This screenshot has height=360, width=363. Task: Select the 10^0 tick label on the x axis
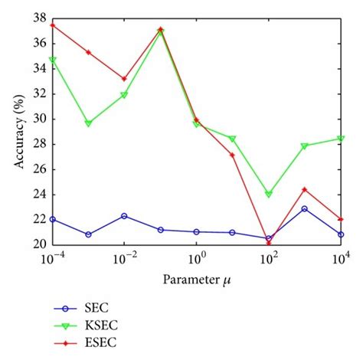(196, 260)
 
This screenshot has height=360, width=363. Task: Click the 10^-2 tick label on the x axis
(123, 260)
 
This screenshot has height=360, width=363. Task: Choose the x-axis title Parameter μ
(197, 278)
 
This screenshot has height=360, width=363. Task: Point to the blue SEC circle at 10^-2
(124, 216)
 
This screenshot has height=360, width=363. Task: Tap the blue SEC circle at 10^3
(304, 208)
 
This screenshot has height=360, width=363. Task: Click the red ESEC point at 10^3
(304, 189)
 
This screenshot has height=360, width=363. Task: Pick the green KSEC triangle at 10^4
(340, 139)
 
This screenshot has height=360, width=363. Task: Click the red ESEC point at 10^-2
(124, 79)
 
